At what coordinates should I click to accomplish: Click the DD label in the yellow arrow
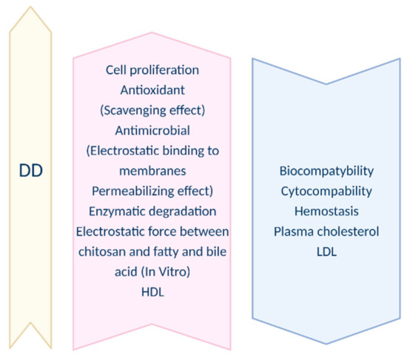(31, 171)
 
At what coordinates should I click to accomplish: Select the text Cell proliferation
(152, 70)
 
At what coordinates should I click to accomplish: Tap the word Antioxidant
(152, 90)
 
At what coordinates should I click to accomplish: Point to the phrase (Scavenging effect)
(152, 110)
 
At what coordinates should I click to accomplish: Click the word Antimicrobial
(152, 130)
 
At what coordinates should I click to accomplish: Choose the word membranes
(152, 171)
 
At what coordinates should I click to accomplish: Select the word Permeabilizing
(133, 191)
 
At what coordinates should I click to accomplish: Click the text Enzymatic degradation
(152, 211)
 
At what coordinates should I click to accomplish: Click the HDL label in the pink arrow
(152, 292)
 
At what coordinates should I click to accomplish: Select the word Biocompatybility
(326, 171)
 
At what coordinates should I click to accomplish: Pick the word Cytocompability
(326, 191)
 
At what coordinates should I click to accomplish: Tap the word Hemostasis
(326, 211)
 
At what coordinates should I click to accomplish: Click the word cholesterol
(349, 231)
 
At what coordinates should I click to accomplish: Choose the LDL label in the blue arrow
(326, 251)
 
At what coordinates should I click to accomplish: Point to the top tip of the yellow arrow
(30, 7)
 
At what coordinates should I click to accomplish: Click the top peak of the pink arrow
(152, 33)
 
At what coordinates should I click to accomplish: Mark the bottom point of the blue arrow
(326, 344)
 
